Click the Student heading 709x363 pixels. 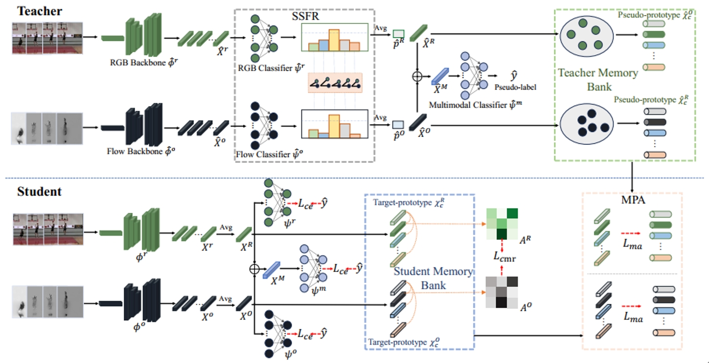(x=40, y=191)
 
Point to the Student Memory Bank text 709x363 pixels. (x=434, y=277)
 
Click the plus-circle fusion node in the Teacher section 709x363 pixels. (x=416, y=77)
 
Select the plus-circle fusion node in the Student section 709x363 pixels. (x=253, y=269)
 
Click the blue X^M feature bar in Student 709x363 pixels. (x=271, y=270)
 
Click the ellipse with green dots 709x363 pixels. (x=582, y=34)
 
